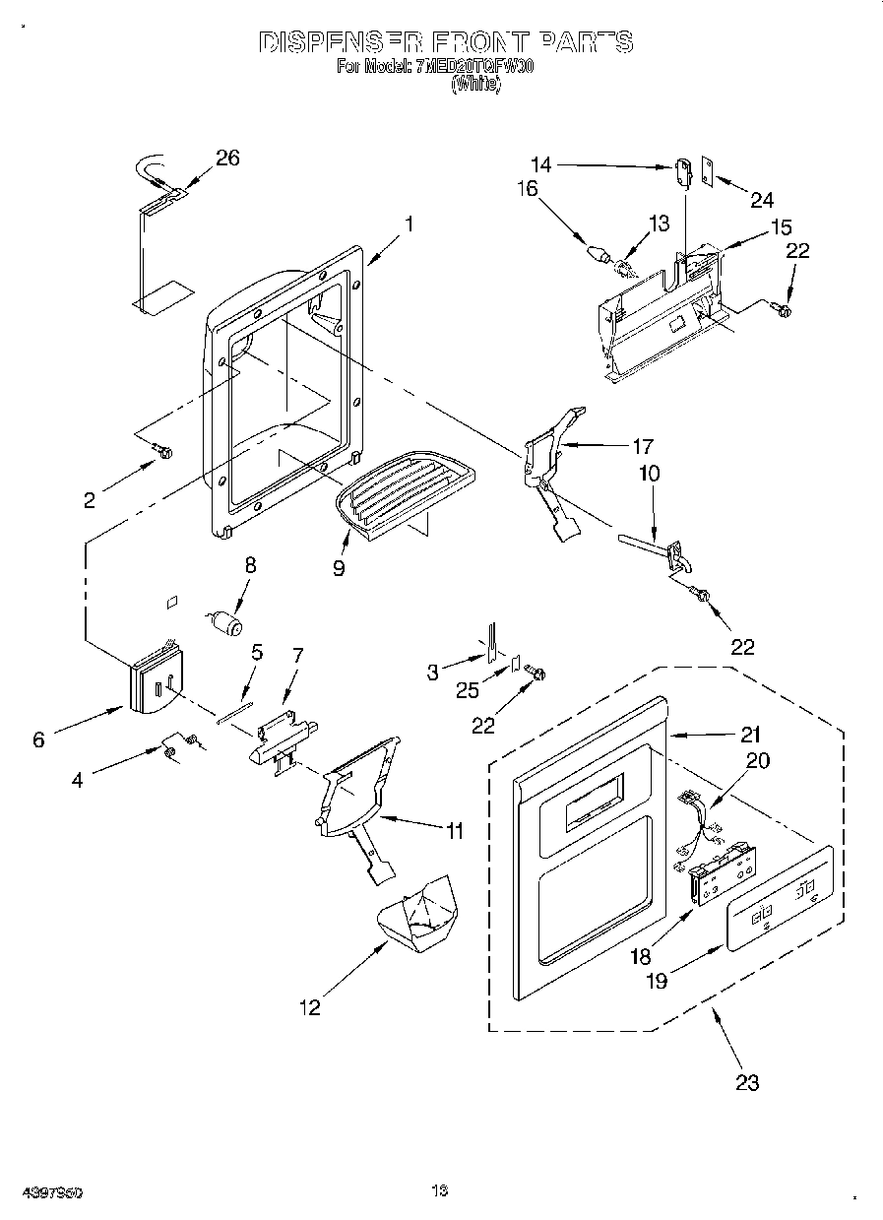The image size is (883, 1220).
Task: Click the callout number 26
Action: coord(227,158)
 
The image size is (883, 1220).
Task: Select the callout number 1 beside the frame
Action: coord(409,224)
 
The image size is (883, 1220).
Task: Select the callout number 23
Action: coord(747,1082)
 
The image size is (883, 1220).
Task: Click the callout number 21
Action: coord(751,734)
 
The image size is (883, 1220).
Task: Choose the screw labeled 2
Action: coord(162,453)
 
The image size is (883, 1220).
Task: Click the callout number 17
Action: coord(643,445)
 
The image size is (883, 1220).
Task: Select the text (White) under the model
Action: coord(475,86)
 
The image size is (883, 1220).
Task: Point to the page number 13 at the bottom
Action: coord(439,1191)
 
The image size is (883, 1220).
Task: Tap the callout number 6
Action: coord(38,739)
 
